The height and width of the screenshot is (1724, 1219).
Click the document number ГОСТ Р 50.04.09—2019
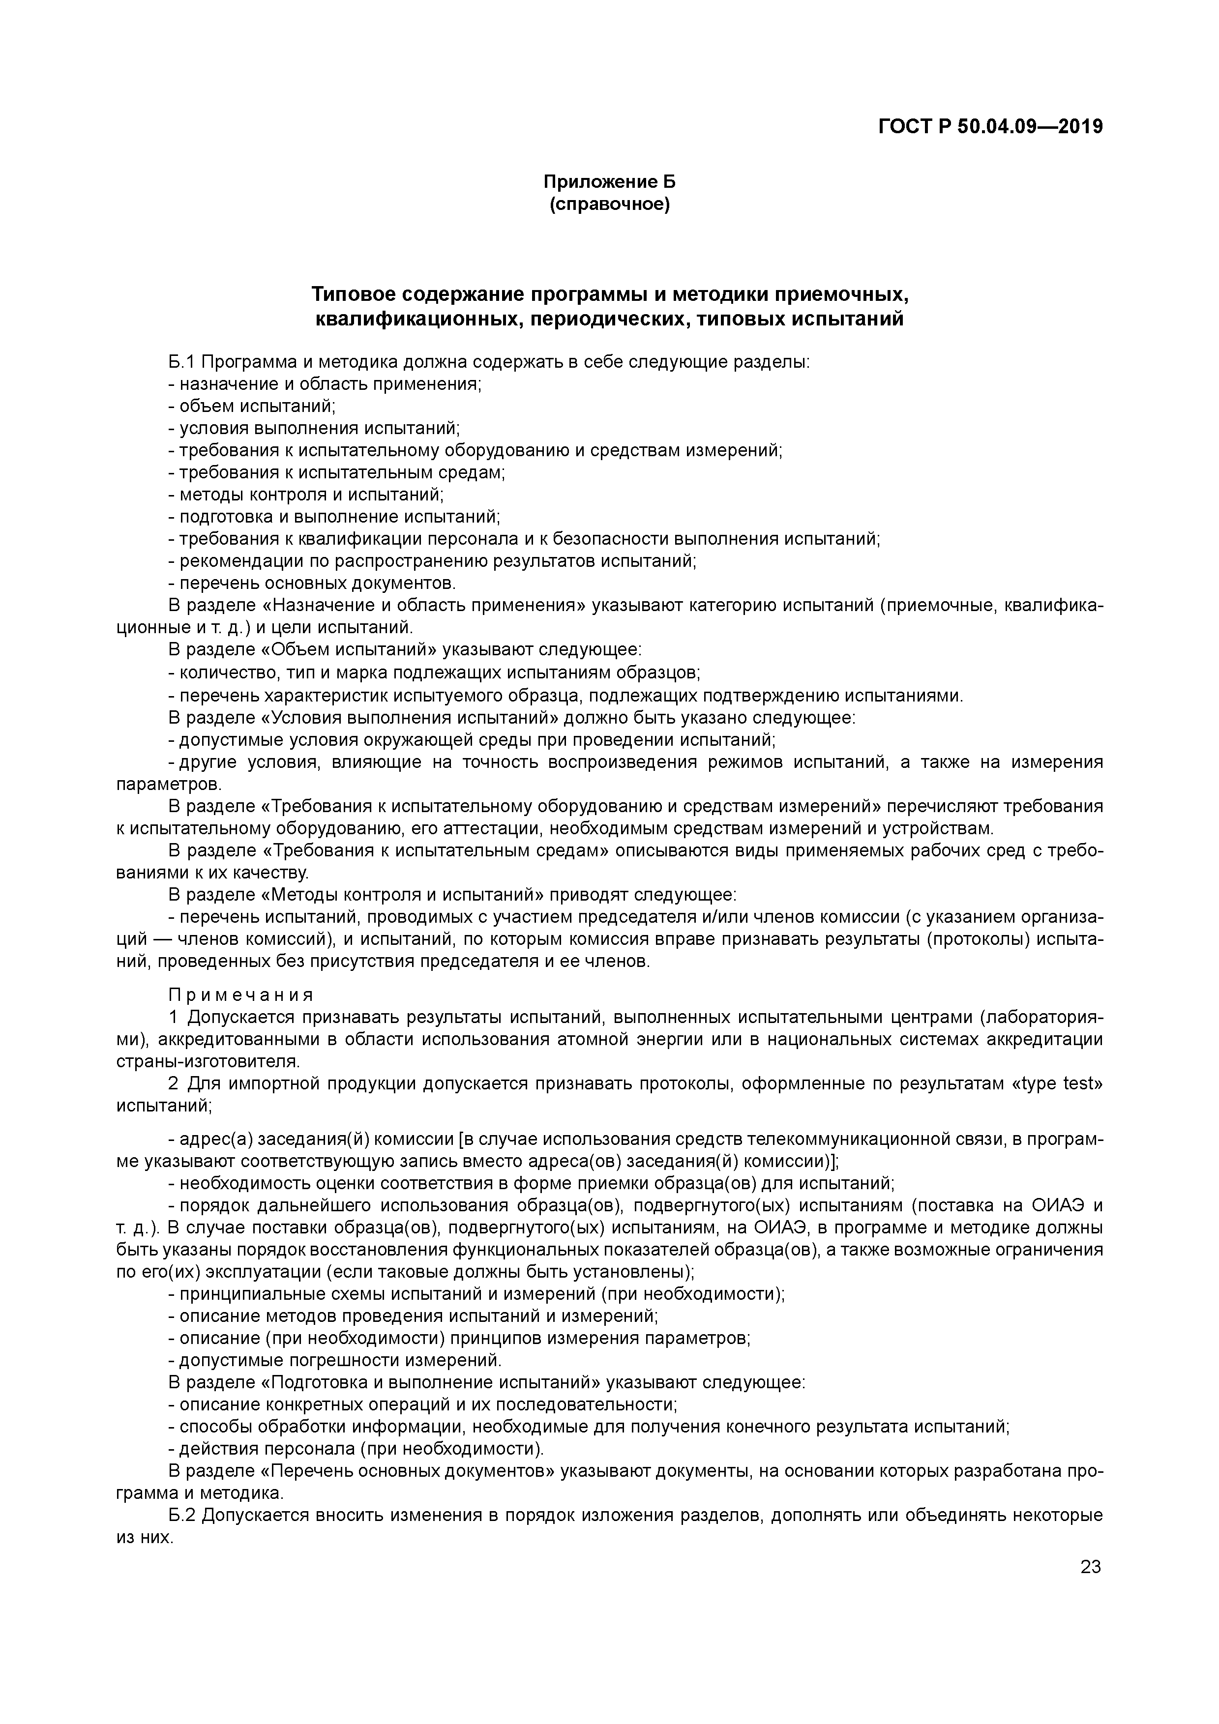coord(990,127)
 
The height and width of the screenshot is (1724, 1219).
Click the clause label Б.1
coord(182,363)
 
